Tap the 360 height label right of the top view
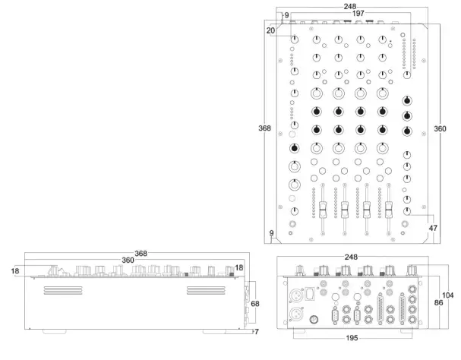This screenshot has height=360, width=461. click(440, 129)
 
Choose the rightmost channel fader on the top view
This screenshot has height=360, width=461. click(390, 209)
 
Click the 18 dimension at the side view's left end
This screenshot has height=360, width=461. click(16, 269)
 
